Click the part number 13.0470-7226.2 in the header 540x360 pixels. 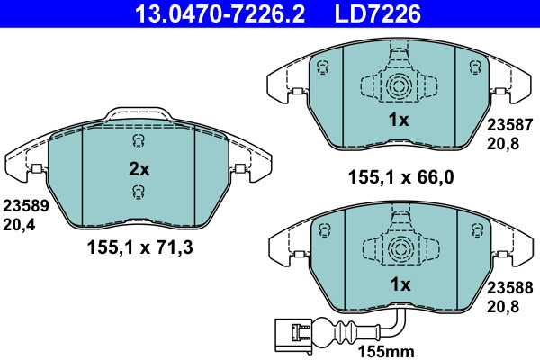220,13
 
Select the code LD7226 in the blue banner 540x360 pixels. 377,13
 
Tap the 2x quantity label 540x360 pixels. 139,169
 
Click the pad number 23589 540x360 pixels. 26,206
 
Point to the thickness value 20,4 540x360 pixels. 19,225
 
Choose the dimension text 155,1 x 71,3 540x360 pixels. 140,247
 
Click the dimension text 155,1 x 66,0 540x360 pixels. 401,177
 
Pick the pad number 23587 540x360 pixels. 509,125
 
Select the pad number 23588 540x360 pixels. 509,288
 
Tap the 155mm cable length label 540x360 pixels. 386,352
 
